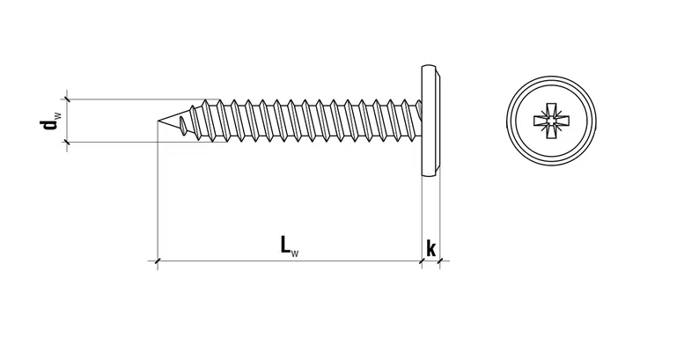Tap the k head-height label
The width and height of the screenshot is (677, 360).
pyautogui.click(x=430, y=248)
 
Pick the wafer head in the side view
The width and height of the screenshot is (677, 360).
pyautogui.click(x=430, y=122)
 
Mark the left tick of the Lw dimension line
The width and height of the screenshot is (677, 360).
pyautogui.click(x=157, y=261)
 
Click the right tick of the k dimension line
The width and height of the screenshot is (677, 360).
pyautogui.click(x=438, y=261)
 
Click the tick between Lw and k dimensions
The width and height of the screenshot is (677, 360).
pyautogui.click(x=423, y=261)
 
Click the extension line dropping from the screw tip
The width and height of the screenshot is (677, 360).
pyautogui.click(x=157, y=194)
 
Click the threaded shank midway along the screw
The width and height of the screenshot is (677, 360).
pyautogui.click(x=299, y=121)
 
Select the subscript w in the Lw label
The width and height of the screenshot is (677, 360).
pyautogui.click(x=296, y=253)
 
